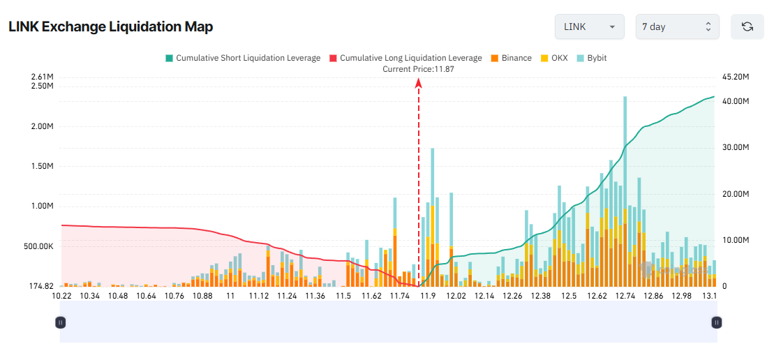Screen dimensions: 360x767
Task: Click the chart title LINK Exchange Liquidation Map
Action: (110, 27)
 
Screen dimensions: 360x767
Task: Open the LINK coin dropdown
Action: (589, 27)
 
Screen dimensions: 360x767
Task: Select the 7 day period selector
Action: (676, 27)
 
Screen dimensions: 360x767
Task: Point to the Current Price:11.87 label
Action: (419, 69)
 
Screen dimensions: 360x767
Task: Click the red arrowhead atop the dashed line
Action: (419, 83)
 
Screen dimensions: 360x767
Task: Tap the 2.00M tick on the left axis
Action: (42, 126)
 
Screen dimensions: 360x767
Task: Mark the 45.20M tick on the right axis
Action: (735, 77)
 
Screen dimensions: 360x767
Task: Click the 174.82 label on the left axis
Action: (41, 286)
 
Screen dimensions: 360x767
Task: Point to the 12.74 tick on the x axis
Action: (625, 296)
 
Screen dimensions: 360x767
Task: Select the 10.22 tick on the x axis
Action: (62, 296)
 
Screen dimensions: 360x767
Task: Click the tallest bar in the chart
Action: (625, 188)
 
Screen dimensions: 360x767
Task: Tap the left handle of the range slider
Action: (61, 322)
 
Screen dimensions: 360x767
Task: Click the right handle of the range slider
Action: (716, 322)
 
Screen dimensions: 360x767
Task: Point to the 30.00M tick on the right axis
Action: (735, 147)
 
